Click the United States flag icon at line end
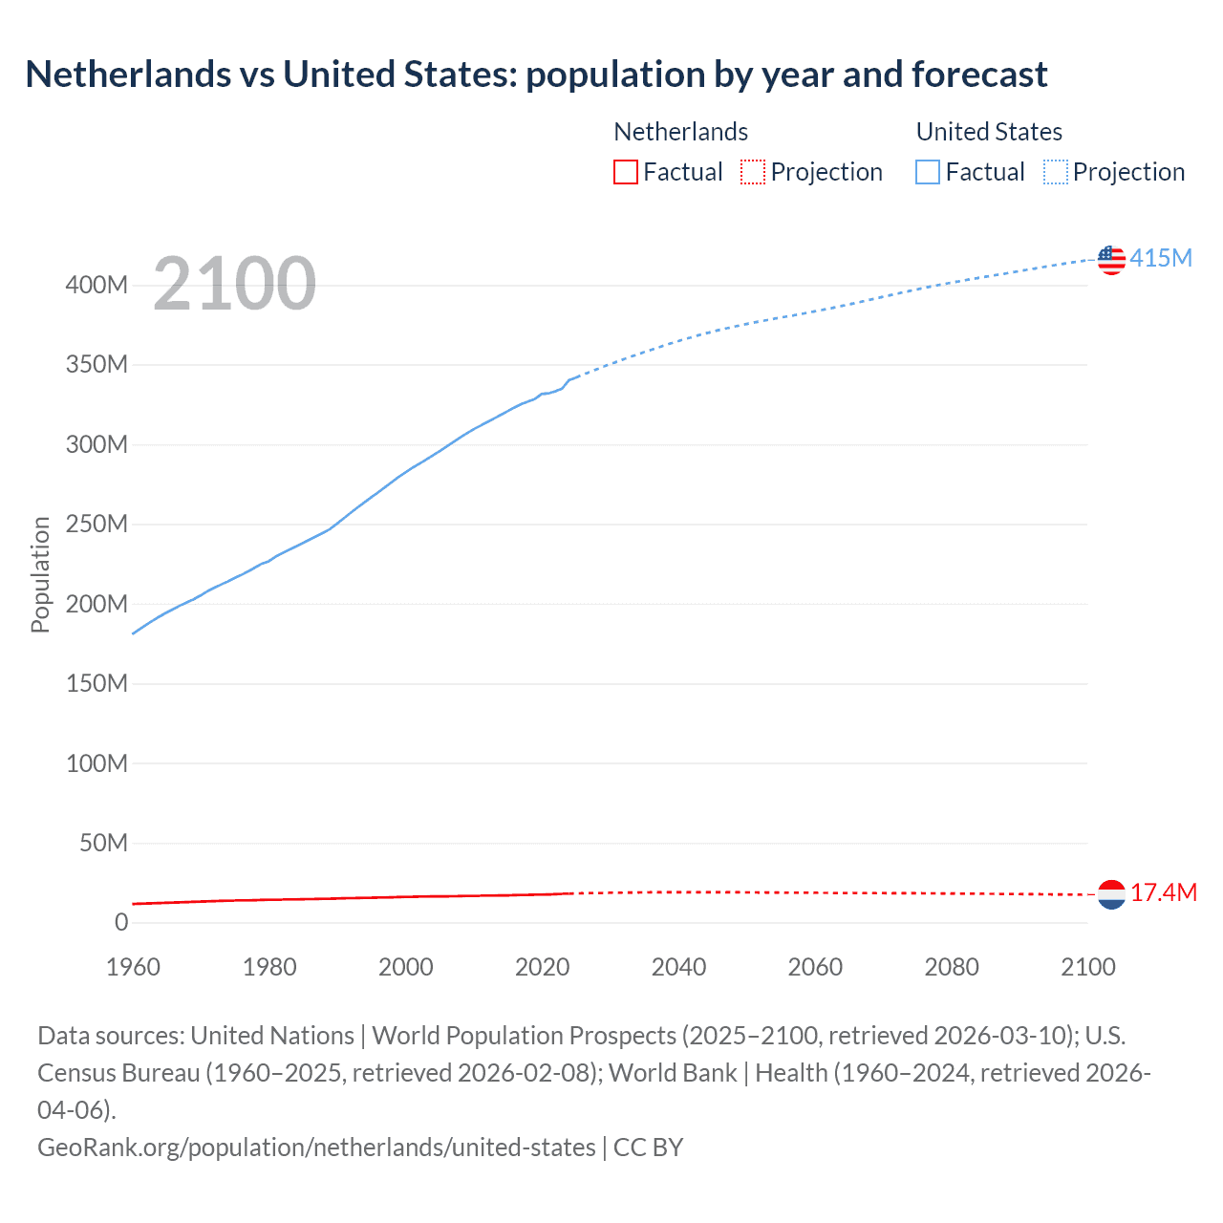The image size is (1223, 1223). click(1111, 259)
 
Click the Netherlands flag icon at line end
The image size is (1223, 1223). click(1111, 894)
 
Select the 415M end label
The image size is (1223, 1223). click(1161, 258)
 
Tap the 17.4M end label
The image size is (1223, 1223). click(1163, 892)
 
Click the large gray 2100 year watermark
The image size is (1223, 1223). click(234, 284)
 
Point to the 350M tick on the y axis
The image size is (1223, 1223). click(97, 365)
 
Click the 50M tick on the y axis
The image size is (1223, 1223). click(103, 843)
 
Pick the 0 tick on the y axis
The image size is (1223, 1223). click(120, 923)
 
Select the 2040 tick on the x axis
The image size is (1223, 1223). click(678, 967)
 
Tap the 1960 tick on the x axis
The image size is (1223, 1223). click(133, 967)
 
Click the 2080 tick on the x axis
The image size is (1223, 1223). click(952, 967)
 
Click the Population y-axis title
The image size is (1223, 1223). click(40, 574)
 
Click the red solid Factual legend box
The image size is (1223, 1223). click(626, 172)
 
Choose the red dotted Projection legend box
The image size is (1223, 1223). click(753, 172)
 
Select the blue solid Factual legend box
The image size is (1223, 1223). click(928, 172)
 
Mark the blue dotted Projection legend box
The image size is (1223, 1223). click(1056, 172)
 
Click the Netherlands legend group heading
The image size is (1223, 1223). click(680, 132)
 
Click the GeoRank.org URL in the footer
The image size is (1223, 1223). click(316, 1147)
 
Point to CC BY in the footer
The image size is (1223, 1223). click(649, 1147)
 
